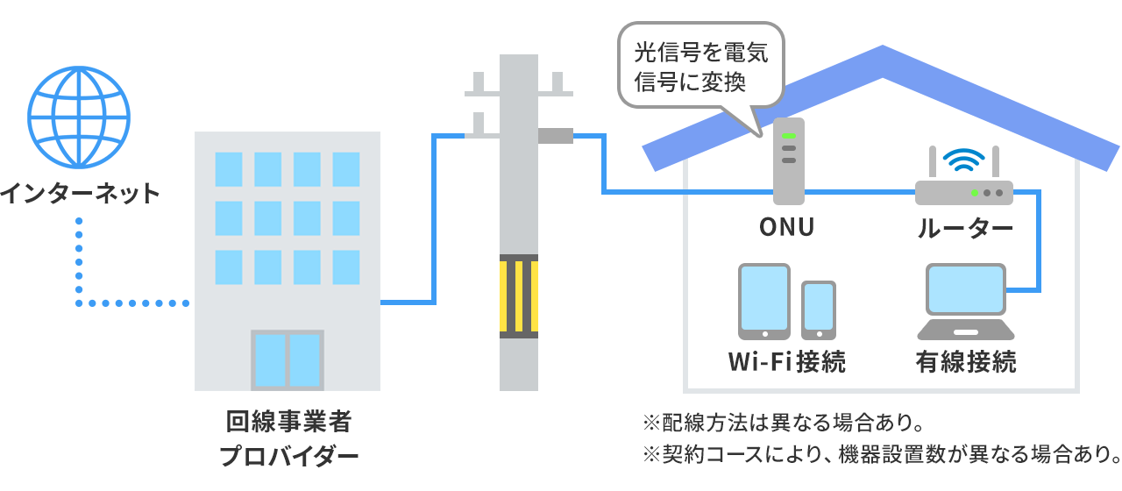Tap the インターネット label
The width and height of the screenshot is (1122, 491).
pos(81,193)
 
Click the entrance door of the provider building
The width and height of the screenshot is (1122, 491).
pos(288,359)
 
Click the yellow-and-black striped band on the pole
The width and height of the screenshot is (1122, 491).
pos(519,295)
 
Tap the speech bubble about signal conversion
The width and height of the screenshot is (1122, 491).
pos(700,67)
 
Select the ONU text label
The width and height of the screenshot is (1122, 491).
pos(787,228)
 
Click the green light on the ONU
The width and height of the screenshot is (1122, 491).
pos(789,135)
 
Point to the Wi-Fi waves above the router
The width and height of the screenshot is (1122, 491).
pos(963,160)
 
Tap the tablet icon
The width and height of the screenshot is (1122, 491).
pos(764,301)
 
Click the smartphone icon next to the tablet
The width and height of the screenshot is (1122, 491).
pos(819,310)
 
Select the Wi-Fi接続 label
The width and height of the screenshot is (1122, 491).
pos(787,361)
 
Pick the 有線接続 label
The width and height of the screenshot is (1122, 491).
pos(966,361)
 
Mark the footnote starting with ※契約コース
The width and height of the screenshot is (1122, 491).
pos(881,455)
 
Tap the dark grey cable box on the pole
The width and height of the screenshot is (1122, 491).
pos(555,136)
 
